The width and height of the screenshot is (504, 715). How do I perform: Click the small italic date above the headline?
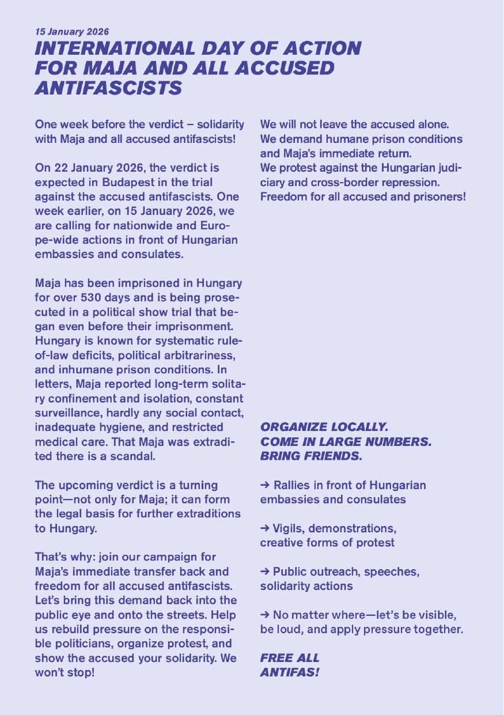pyautogui.click(x=72, y=32)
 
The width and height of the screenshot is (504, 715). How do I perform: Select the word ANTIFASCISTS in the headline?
pyautogui.click(x=108, y=88)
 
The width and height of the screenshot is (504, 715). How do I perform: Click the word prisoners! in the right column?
pyautogui.click(x=437, y=197)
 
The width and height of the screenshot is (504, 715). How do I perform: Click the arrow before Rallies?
pyautogui.click(x=266, y=485)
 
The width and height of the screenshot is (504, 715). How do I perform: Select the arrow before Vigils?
pyautogui.click(x=266, y=528)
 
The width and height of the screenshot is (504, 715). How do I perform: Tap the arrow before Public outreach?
pyautogui.click(x=266, y=572)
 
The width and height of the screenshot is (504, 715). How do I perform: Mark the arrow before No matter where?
pyautogui.click(x=266, y=615)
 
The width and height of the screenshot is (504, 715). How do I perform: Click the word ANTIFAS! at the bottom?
pyautogui.click(x=290, y=672)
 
